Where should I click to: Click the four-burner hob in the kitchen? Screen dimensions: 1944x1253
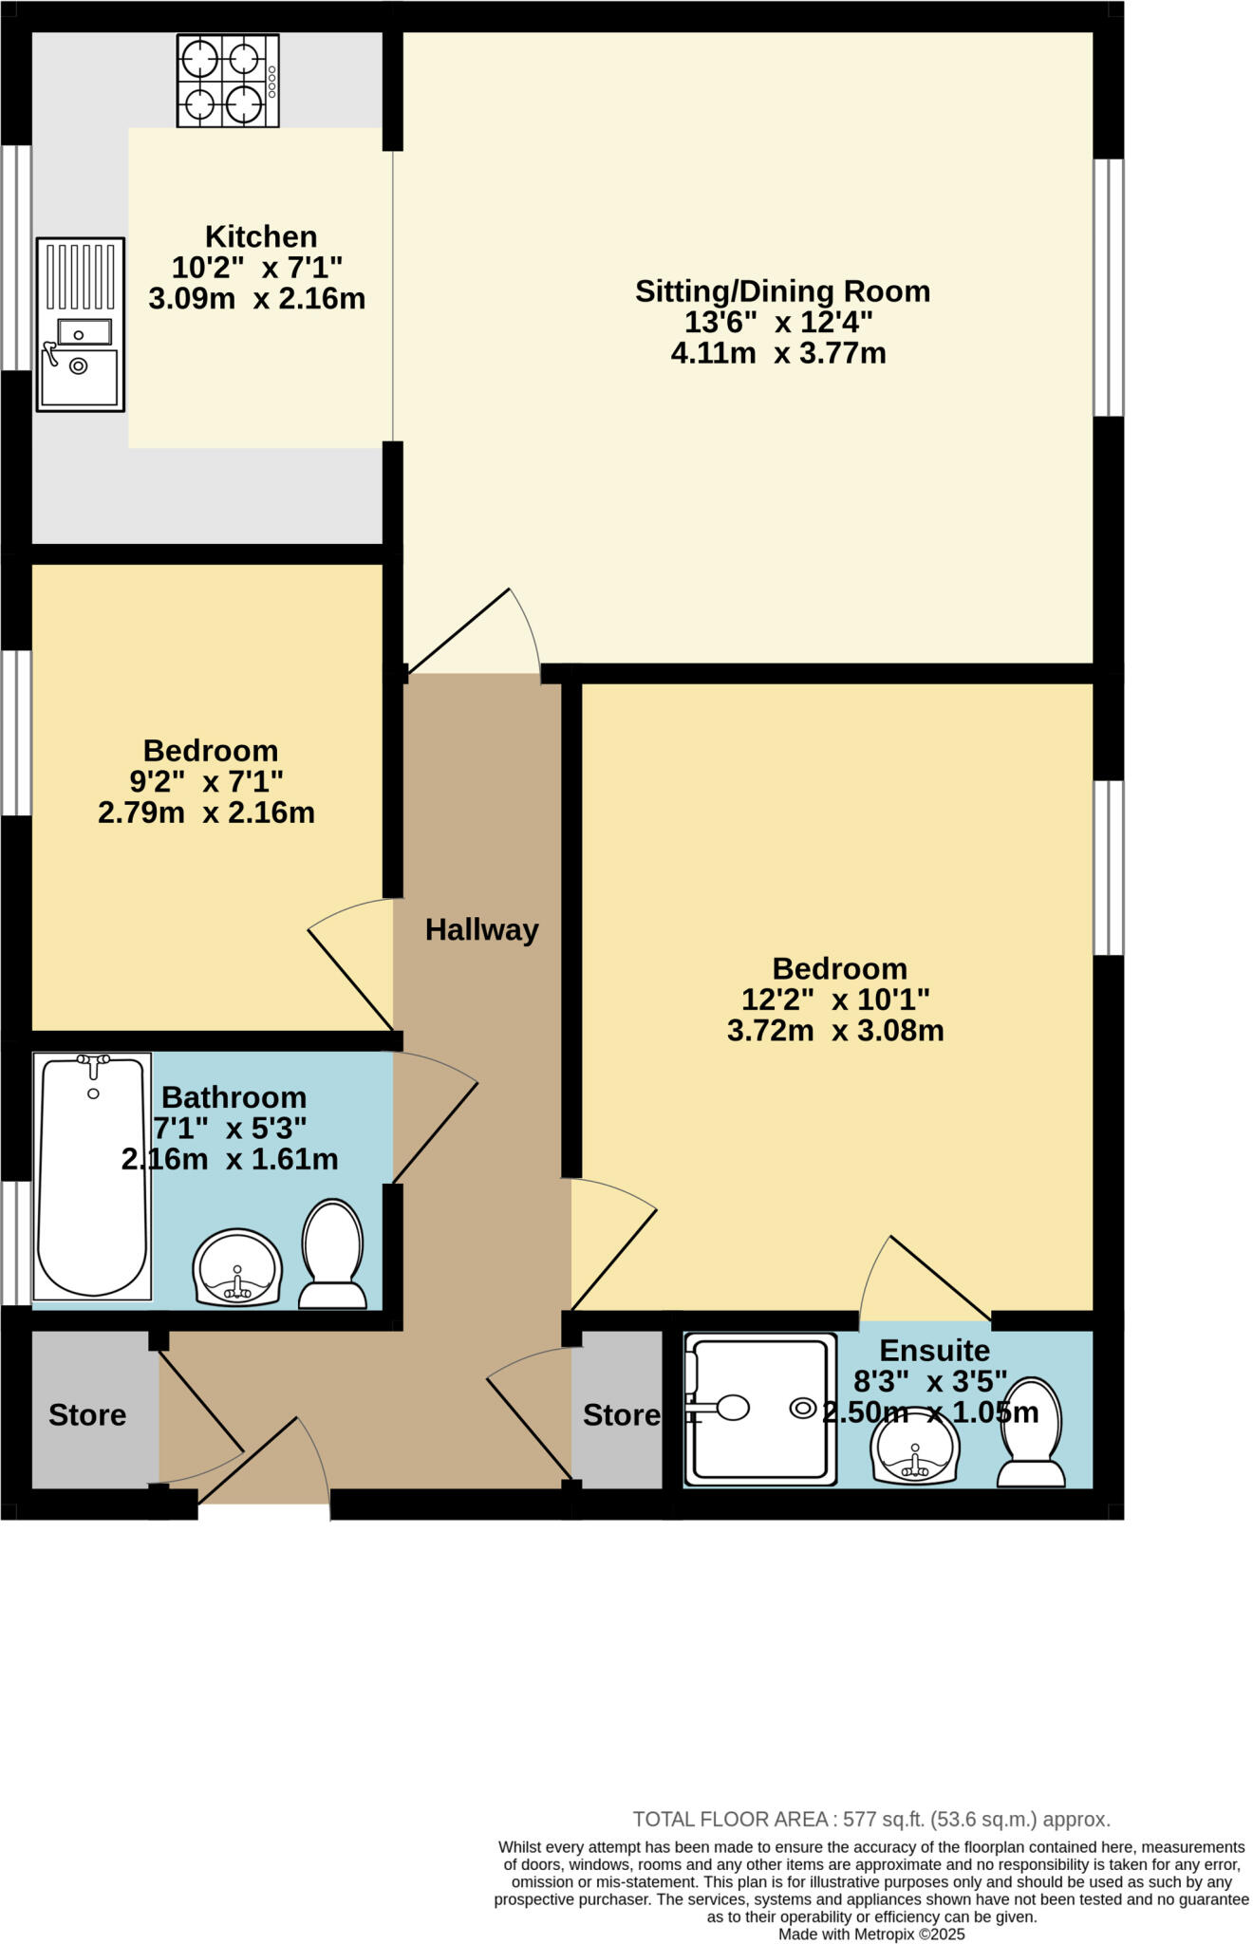(x=227, y=81)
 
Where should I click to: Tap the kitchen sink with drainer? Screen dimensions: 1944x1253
(x=81, y=324)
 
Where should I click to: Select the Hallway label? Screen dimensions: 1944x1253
(x=481, y=929)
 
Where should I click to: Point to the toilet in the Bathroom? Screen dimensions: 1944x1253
(x=332, y=1255)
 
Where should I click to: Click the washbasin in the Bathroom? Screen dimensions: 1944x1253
(x=237, y=1267)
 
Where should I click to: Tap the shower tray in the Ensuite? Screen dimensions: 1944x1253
(x=760, y=1409)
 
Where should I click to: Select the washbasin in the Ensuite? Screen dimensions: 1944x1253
(x=915, y=1449)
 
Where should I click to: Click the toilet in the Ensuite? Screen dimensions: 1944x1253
(x=1031, y=1433)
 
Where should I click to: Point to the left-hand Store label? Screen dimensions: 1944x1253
(x=87, y=1415)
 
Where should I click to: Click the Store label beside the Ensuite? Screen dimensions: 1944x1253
(x=622, y=1415)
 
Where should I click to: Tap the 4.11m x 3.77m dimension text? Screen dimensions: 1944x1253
(x=778, y=354)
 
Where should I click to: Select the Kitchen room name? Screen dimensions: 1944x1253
(x=261, y=236)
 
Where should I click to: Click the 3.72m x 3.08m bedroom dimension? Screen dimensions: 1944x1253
(x=835, y=1031)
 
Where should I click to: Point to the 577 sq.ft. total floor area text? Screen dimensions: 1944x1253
(x=870, y=1820)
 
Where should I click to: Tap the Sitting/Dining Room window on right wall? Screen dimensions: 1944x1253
(x=1109, y=287)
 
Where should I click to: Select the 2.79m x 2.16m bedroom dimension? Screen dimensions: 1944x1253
(x=206, y=813)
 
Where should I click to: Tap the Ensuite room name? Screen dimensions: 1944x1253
(x=934, y=1350)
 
